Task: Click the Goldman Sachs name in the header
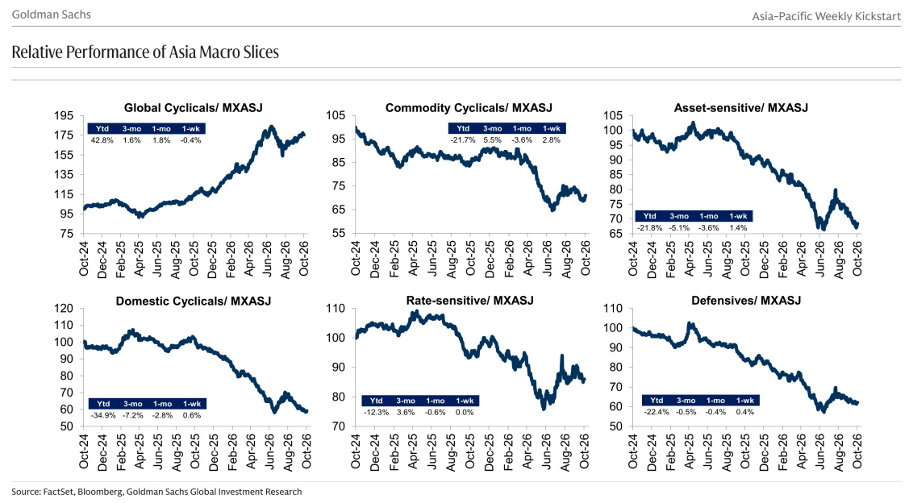pyautogui.click(x=52, y=15)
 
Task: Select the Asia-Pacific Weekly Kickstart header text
pyautogui.click(x=826, y=16)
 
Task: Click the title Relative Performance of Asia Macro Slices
pyautogui.click(x=145, y=52)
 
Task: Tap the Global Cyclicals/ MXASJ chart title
pyautogui.click(x=194, y=108)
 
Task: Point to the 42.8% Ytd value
pyautogui.click(x=102, y=140)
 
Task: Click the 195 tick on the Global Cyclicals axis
pyautogui.click(x=64, y=116)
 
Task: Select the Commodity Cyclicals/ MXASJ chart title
pyautogui.click(x=469, y=108)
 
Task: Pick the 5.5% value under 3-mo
pyautogui.click(x=492, y=140)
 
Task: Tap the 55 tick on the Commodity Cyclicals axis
pyautogui.click(x=340, y=234)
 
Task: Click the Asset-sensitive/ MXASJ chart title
pyautogui.click(x=740, y=108)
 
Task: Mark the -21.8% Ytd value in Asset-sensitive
pyautogui.click(x=649, y=228)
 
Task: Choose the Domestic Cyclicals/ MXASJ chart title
pyautogui.click(x=194, y=301)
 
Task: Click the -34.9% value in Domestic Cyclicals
pyautogui.click(x=103, y=416)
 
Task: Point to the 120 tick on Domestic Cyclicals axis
pyautogui.click(x=64, y=309)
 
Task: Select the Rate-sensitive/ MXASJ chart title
pyautogui.click(x=470, y=301)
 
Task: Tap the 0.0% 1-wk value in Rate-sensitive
pyautogui.click(x=465, y=412)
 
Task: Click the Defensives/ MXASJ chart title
pyautogui.click(x=746, y=301)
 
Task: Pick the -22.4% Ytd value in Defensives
pyautogui.click(x=657, y=412)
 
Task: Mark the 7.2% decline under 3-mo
pyautogui.click(x=133, y=416)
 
